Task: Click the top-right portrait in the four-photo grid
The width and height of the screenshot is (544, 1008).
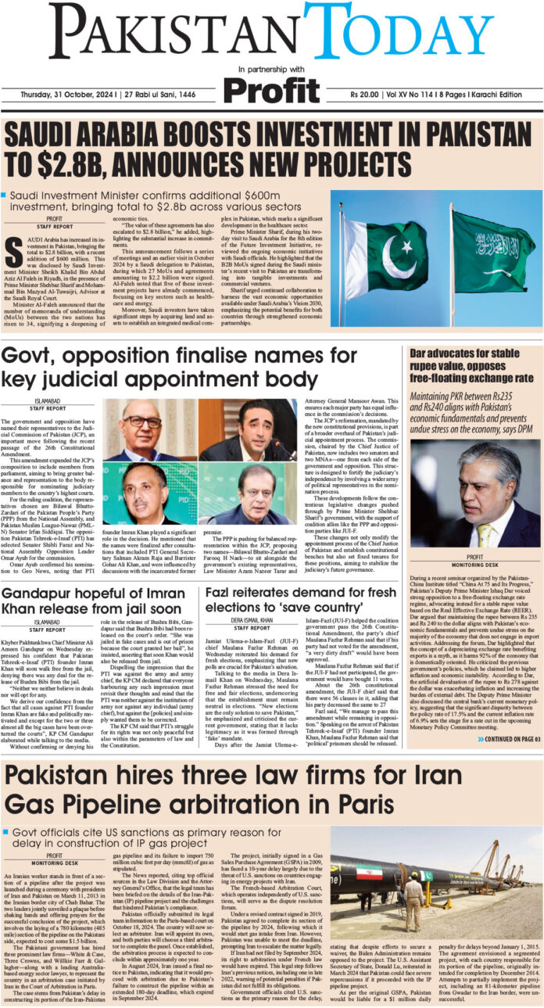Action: (248, 429)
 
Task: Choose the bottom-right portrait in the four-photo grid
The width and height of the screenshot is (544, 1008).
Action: (248, 493)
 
